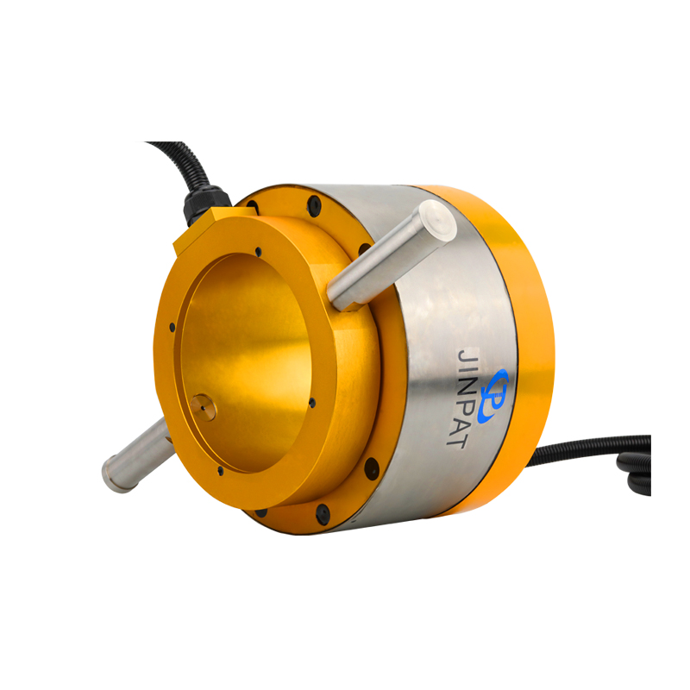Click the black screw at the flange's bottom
tap(323, 515)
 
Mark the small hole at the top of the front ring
tap(258, 253)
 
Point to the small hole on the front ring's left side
tap(172, 328)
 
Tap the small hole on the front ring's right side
tap(311, 402)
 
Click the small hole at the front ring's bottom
tap(221, 471)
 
